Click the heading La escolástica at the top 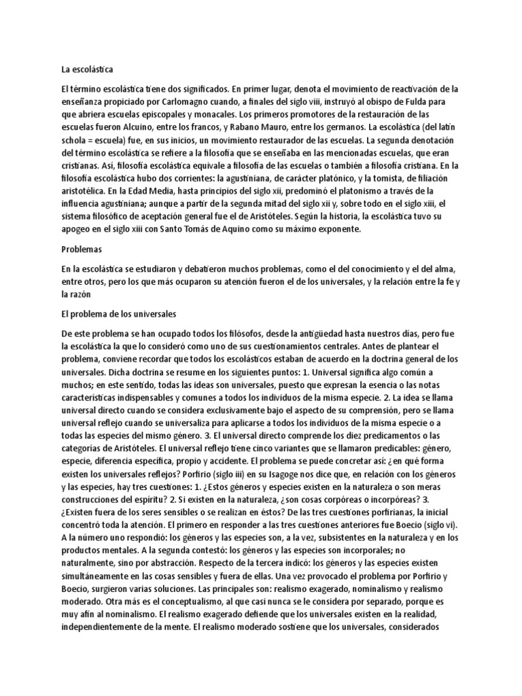(86, 69)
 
